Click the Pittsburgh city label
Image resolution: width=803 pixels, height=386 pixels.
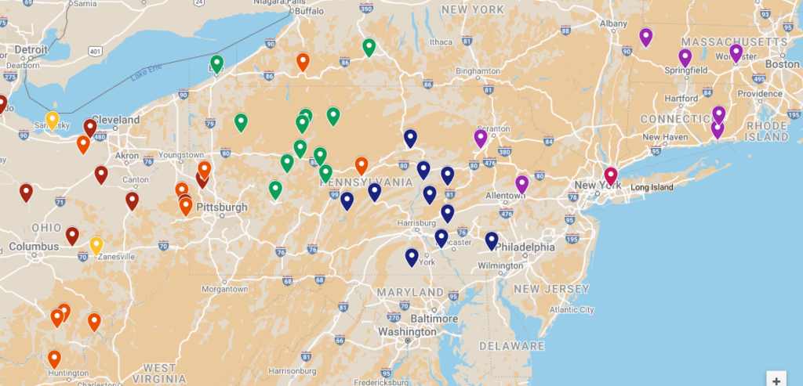[x=222, y=207]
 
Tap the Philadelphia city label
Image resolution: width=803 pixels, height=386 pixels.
[x=526, y=247]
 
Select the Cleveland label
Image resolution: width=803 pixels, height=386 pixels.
[x=115, y=121]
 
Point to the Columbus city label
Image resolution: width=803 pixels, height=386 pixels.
[x=34, y=247]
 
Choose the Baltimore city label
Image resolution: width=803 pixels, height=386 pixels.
[x=434, y=319]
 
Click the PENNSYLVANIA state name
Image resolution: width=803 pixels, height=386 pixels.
[x=365, y=182]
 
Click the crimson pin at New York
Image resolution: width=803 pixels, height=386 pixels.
[x=610, y=175]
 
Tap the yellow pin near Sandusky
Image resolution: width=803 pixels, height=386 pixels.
[x=52, y=120]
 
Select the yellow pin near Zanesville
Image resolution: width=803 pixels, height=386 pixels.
[x=96, y=245]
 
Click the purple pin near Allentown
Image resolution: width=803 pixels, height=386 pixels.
[x=521, y=184]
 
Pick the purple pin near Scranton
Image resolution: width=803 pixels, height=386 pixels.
[x=481, y=139]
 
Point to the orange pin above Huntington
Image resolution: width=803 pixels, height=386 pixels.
[x=54, y=359]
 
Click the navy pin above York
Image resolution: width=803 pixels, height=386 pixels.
[x=412, y=256]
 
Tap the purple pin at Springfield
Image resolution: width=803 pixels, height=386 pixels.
[x=685, y=57]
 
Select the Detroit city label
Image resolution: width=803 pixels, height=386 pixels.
[x=31, y=49]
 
